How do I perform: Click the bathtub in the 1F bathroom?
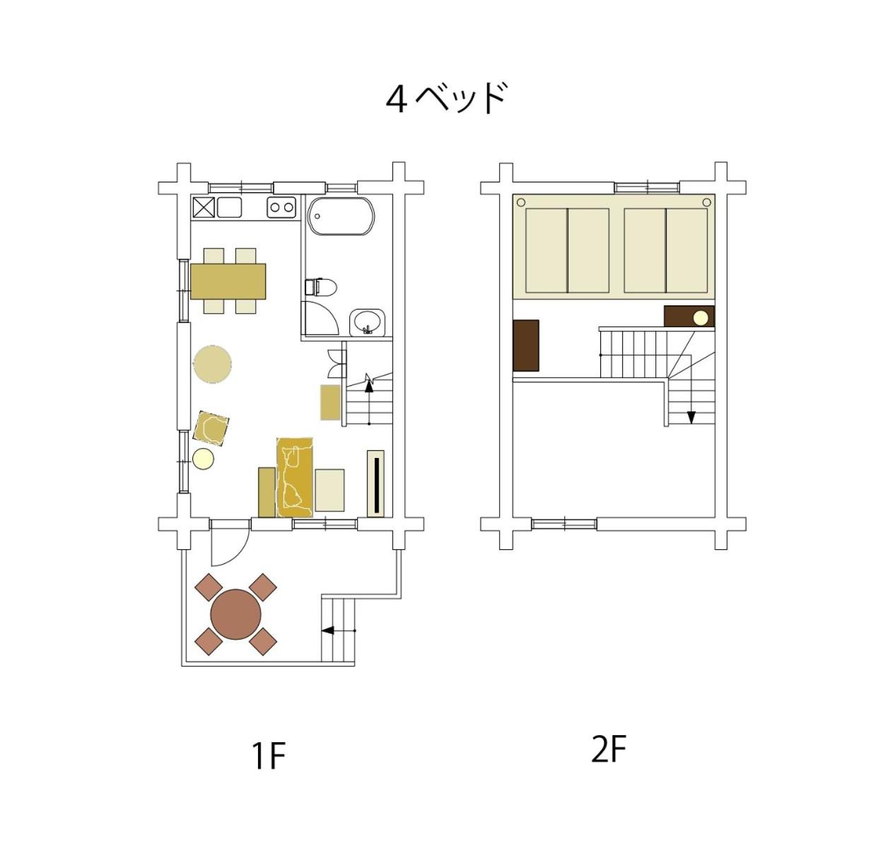pos(341,216)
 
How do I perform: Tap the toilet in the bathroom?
pos(320,287)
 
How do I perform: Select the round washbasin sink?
pos(367,322)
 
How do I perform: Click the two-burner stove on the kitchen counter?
pos(281,207)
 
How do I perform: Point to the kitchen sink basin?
pos(229,207)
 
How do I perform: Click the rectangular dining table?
pos(228,281)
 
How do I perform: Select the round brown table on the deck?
pos(236,615)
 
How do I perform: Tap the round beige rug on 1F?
pos(212,365)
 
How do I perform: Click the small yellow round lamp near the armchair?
pos(203,459)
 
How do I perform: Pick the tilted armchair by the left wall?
pos(211,428)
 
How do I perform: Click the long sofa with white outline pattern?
pos(294,477)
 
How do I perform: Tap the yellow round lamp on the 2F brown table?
pos(701,317)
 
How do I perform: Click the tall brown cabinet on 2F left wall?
pos(526,345)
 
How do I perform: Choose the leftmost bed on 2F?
pos(547,250)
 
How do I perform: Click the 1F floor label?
pos(269,756)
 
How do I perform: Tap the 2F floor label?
pos(608,750)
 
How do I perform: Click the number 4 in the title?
pos(396,100)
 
